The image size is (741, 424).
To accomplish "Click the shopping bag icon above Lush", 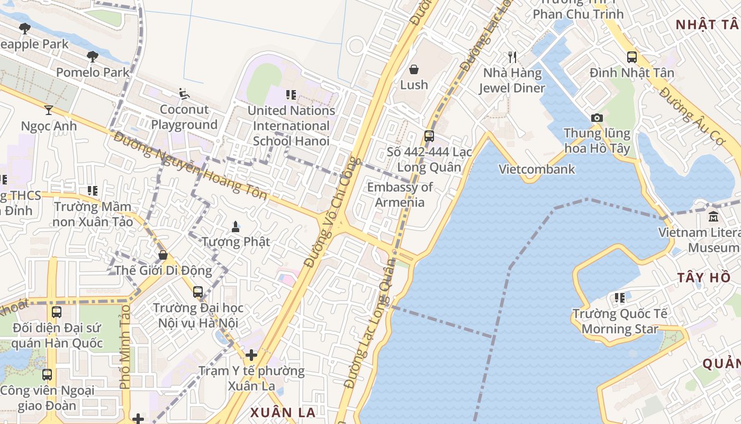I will (x=414, y=69).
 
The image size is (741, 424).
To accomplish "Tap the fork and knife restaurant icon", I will (x=512, y=57).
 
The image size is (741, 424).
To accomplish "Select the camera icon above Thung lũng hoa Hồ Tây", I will (x=597, y=118).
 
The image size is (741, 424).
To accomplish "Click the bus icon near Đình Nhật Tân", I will (x=631, y=57).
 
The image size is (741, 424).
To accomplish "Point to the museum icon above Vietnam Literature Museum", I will (x=713, y=217).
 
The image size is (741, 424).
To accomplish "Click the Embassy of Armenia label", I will (x=400, y=195).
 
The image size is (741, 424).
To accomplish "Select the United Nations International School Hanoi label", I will (x=291, y=126).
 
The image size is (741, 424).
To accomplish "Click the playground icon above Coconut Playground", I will (x=184, y=94).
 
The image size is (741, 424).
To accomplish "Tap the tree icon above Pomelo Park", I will (x=93, y=57).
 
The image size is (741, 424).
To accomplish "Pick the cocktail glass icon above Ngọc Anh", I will (x=49, y=110).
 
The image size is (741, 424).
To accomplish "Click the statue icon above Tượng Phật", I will (x=236, y=227).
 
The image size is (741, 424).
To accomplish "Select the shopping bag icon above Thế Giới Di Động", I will (x=163, y=255).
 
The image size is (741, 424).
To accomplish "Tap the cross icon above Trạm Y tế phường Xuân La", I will (x=251, y=355).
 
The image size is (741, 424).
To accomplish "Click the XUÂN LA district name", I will (x=283, y=412).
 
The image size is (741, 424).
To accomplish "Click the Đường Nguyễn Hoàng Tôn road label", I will (x=191, y=166).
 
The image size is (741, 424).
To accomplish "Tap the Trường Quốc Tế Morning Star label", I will (x=620, y=322).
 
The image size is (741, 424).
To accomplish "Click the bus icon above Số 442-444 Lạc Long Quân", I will (x=429, y=136).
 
